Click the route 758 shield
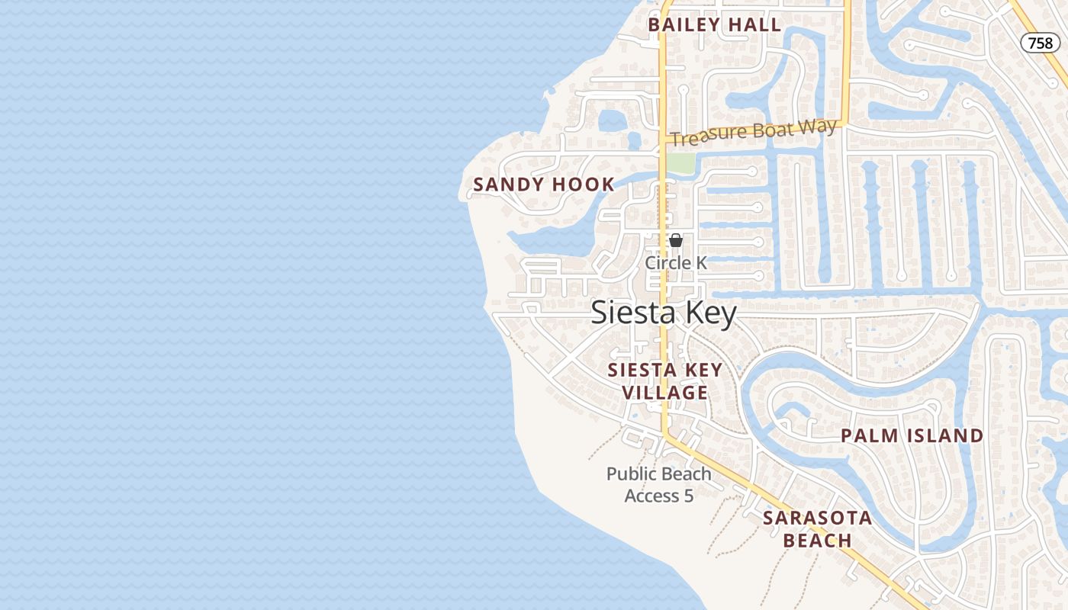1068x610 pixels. [x=1040, y=43]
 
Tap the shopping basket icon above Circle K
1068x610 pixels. [x=676, y=241]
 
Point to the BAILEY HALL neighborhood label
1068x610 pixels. [x=714, y=25]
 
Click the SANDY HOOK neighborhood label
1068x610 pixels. [x=544, y=185]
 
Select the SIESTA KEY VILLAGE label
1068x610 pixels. [x=664, y=381]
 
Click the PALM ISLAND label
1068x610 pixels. [x=912, y=436]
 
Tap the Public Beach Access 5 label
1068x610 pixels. [x=658, y=485]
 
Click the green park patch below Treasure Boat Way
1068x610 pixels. [x=682, y=163]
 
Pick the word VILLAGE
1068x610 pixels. [x=664, y=393]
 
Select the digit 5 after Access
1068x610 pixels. [x=688, y=496]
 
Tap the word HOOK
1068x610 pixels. [x=585, y=185]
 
